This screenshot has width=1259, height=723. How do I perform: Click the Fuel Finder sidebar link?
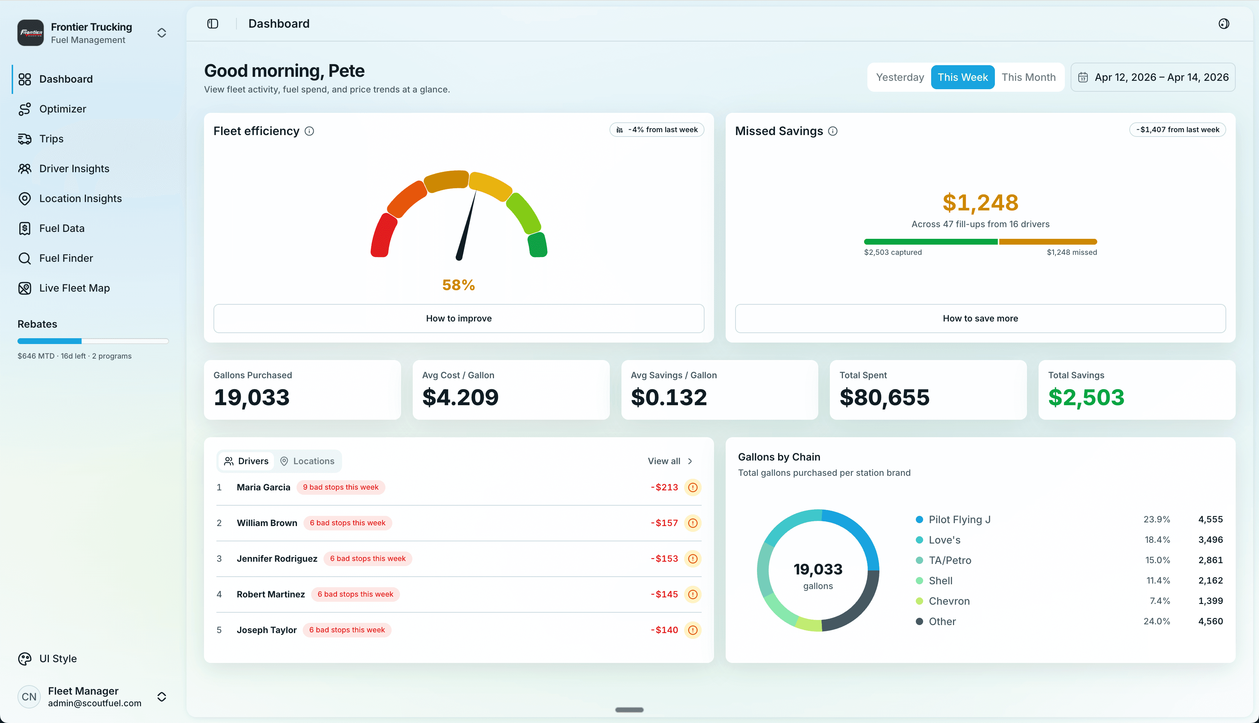[x=66, y=258]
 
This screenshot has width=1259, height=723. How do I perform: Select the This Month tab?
[x=1028, y=77]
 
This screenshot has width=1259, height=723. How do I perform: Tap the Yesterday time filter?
[x=899, y=77]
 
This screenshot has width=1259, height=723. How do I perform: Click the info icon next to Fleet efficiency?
[x=309, y=131]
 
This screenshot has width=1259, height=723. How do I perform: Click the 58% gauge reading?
[x=458, y=285]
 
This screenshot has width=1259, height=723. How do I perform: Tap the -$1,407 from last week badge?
[x=1177, y=130]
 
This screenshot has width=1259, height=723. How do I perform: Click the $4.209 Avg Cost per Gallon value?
[x=460, y=397]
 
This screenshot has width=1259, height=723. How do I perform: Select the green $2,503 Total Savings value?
[x=1086, y=397]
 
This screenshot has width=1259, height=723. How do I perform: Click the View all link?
[x=669, y=461]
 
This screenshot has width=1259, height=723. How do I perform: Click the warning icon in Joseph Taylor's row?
[x=693, y=630]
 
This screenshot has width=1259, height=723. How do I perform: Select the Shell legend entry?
[x=940, y=581]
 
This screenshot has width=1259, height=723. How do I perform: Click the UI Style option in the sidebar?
[x=58, y=659]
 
